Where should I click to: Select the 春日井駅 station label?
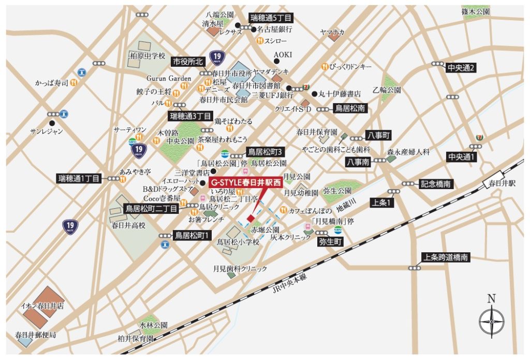tap(499, 183)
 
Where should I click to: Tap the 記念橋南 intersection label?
tap(436, 184)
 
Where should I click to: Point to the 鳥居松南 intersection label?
tap(350, 109)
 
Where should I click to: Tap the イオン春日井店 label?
tap(42, 306)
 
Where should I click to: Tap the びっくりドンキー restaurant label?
tap(354, 66)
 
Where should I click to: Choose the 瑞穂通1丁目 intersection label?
tap(79, 178)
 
